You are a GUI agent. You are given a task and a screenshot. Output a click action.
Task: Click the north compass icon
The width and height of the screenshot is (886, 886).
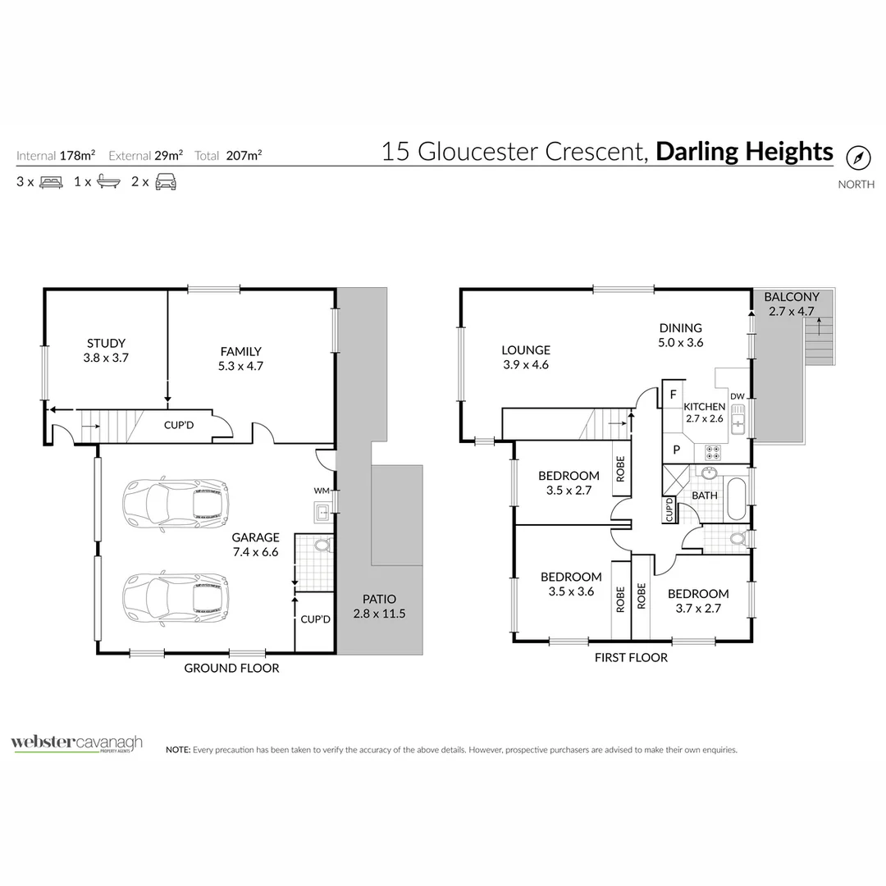857,158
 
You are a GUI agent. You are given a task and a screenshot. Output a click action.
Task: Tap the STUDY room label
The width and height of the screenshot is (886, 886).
106,350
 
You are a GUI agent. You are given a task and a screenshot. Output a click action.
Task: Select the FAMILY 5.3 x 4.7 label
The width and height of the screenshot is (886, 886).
240,359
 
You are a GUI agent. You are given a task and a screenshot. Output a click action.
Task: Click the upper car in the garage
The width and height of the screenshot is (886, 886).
175,501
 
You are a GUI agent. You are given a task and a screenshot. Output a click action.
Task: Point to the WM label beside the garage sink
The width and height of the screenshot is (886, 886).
321,491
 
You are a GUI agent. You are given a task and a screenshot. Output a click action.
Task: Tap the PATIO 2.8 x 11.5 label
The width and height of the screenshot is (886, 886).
379,606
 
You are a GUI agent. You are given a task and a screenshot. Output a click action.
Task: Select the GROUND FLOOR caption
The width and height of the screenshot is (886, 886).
231,668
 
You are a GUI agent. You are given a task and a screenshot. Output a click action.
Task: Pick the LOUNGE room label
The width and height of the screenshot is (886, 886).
526,357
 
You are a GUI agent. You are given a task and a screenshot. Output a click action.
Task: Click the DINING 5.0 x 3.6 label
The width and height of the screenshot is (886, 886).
680,335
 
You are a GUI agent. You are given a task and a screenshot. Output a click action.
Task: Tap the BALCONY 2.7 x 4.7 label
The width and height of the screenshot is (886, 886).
792,304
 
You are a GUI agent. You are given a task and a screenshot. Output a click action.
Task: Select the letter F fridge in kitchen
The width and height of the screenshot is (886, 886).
673,395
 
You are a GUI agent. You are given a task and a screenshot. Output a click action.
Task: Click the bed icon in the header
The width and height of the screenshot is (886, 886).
51,182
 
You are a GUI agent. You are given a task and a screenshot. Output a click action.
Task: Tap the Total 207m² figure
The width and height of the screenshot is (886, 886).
240,155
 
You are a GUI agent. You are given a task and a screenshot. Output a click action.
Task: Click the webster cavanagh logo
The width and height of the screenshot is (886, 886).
76,743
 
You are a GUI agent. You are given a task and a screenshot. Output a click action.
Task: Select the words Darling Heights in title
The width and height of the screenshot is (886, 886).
745,152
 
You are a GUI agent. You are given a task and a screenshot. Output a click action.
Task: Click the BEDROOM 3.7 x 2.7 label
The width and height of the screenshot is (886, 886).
698,601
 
